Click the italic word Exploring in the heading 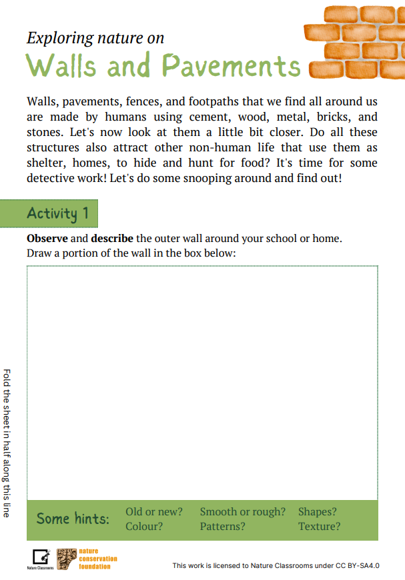[x=58, y=38]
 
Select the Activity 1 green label [x=58, y=213]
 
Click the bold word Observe [x=47, y=239]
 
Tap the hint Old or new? [x=154, y=512]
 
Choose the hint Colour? [x=145, y=527]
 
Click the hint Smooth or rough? [x=242, y=512]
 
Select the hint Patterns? [x=222, y=527]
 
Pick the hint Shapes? [x=318, y=512]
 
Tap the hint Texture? [x=319, y=527]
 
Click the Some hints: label [x=73, y=519]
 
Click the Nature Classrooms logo [x=41, y=559]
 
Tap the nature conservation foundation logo [x=87, y=558]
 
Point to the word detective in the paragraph [x=54, y=179]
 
